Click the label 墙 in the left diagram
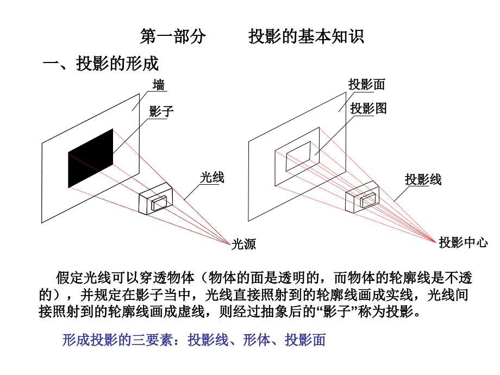coord(159,85)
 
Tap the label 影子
coord(161,111)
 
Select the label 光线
coord(212,177)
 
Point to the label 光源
coord(243,244)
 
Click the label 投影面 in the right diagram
coord(367,84)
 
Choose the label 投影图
coord(368,108)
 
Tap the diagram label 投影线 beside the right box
coord(423,179)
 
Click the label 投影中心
coord(463,242)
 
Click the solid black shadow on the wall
coord(91,158)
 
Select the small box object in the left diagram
coord(155,198)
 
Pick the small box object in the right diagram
coord(362,197)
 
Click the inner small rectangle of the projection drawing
coord(298,157)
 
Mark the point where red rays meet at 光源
coord(230,245)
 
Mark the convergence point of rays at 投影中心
coord(436,242)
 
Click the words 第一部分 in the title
coord(173,36)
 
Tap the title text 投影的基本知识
coord(306,36)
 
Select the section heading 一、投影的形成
coord(101,63)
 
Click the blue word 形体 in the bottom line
coord(257,340)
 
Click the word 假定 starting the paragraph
coord(70,278)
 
